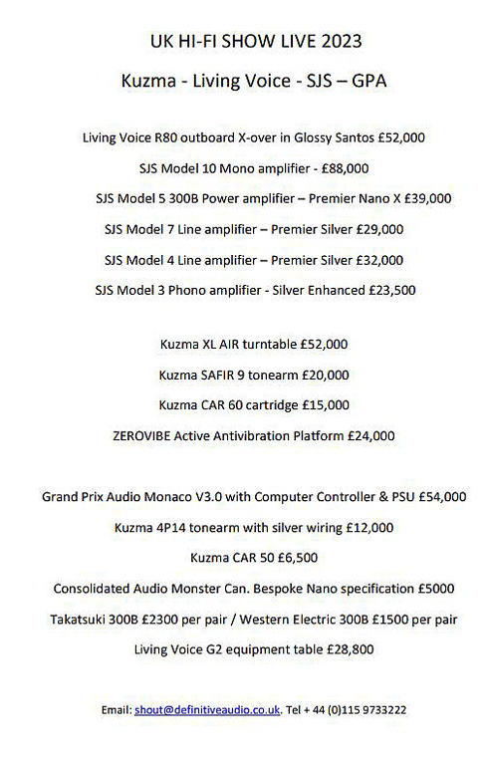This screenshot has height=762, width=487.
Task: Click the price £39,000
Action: tap(425, 198)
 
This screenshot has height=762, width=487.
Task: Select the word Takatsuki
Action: tap(79, 620)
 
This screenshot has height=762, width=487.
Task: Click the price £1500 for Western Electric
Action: tap(387, 620)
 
